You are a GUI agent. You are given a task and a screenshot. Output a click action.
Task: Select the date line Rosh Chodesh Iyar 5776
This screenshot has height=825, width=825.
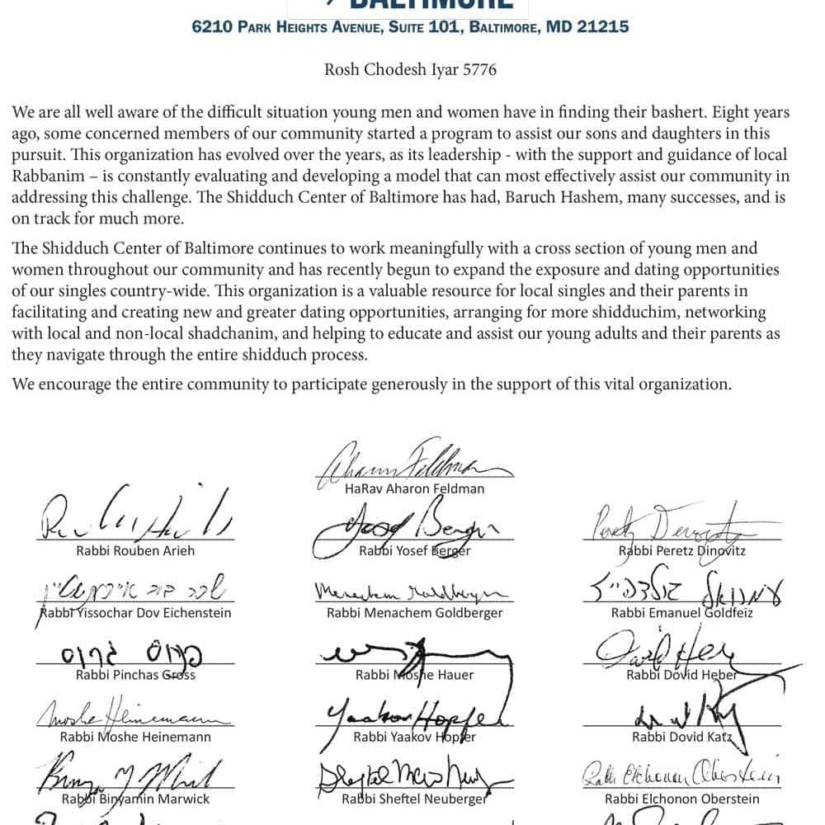click(x=410, y=69)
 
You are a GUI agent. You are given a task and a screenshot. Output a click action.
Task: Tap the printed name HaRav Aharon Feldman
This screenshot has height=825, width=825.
click(x=414, y=488)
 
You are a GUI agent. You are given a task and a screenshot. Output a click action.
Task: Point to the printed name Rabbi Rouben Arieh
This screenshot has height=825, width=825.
click(x=135, y=551)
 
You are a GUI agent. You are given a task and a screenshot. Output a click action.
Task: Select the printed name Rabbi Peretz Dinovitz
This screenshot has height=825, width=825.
click(x=682, y=551)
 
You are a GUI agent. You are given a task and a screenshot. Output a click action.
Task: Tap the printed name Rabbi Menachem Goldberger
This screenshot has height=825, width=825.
click(x=414, y=613)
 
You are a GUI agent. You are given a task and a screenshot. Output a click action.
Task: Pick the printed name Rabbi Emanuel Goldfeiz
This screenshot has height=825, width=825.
click(x=681, y=613)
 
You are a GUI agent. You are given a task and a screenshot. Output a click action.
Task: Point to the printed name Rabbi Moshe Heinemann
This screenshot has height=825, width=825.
click(x=135, y=737)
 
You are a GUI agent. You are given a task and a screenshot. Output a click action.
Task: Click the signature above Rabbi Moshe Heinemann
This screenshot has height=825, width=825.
click(x=135, y=711)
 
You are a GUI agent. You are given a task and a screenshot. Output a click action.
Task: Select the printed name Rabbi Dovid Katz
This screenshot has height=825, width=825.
click(x=681, y=737)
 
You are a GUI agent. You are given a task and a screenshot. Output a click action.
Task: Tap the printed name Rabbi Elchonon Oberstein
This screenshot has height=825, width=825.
click(x=681, y=799)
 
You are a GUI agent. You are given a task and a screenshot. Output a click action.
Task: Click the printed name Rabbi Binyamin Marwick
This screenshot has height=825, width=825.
click(x=135, y=799)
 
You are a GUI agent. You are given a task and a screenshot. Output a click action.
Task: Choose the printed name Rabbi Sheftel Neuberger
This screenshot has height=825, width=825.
click(x=414, y=799)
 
